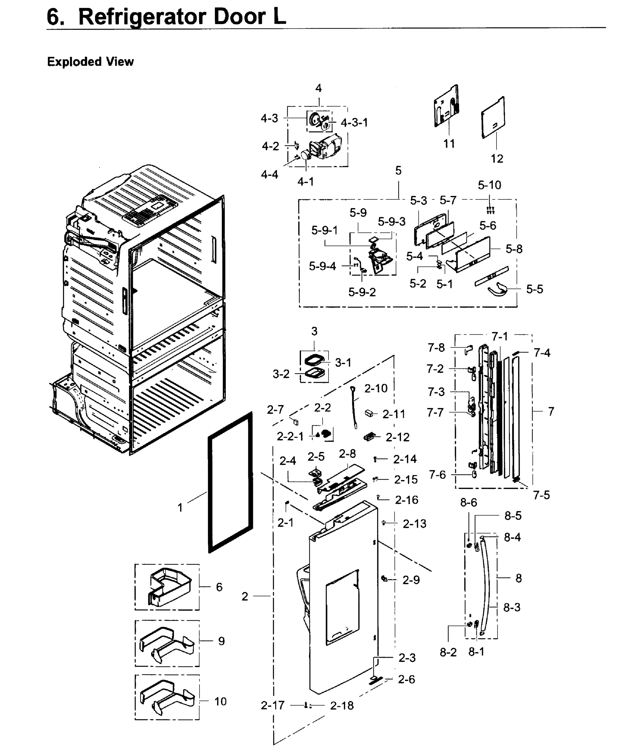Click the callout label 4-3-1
click(x=354, y=122)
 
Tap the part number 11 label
click(x=449, y=144)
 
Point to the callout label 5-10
click(x=489, y=185)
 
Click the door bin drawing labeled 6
click(x=169, y=587)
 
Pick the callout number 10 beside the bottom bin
click(x=220, y=701)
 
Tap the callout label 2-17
click(x=273, y=706)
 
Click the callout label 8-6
click(x=469, y=502)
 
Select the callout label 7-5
click(x=541, y=495)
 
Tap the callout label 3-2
click(x=281, y=374)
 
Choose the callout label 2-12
click(x=397, y=437)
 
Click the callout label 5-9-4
click(x=323, y=266)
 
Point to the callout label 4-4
click(x=269, y=175)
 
